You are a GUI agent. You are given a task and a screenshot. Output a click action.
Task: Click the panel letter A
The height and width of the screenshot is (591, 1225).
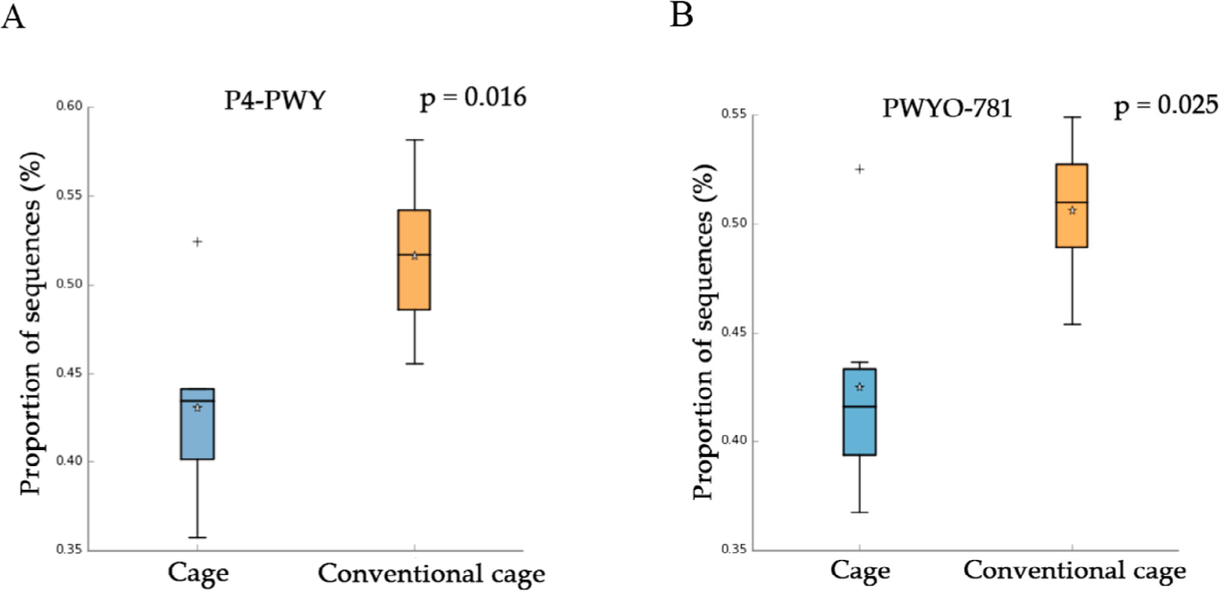click(x=13, y=17)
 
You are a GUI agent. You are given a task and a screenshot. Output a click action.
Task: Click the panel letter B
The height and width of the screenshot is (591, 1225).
click(x=681, y=15)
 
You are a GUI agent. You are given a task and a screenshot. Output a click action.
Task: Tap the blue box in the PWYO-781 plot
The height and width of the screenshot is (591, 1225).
click(x=859, y=422)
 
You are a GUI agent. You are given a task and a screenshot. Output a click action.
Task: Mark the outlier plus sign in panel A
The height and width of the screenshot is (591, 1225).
click(x=197, y=242)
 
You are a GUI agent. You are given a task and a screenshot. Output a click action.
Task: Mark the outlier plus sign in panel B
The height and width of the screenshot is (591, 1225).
click(x=859, y=169)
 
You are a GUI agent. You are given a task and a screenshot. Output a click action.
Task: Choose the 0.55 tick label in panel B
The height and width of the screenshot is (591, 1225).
click(x=739, y=115)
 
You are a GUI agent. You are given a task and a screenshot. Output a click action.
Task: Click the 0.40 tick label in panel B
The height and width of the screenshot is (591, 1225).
click(x=739, y=441)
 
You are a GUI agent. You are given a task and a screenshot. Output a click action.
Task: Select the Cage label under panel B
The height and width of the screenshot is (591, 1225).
click(x=861, y=572)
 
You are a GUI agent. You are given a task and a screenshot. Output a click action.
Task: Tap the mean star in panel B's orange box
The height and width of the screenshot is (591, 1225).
click(x=1072, y=211)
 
